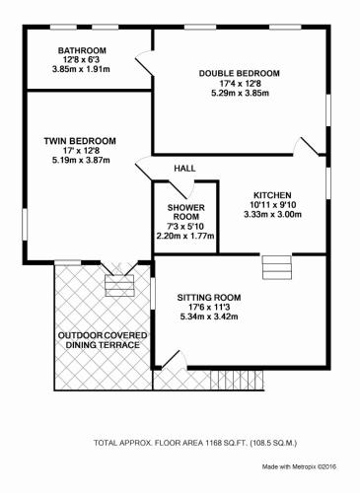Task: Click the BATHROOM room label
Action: coord(82,50)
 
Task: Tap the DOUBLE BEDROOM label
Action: coord(240,73)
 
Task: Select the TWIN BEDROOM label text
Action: coord(80,141)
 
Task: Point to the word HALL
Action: coord(184,169)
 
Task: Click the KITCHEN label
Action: coord(272,195)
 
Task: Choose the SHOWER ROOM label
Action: coord(186,212)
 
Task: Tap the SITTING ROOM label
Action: coord(209,298)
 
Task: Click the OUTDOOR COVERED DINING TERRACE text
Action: coord(103,340)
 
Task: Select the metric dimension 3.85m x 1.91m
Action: coord(81,69)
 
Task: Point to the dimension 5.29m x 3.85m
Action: coord(240,93)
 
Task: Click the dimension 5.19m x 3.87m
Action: coord(81,161)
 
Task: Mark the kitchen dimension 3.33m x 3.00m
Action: coord(273,215)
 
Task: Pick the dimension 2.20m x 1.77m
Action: coord(185,236)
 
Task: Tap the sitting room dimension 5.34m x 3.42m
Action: coord(209,317)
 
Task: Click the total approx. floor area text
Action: coord(195,443)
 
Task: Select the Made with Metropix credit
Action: coord(299,466)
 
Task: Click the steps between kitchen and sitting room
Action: coord(277,267)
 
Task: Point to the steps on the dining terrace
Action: coord(119,286)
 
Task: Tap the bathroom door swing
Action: coord(144,63)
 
